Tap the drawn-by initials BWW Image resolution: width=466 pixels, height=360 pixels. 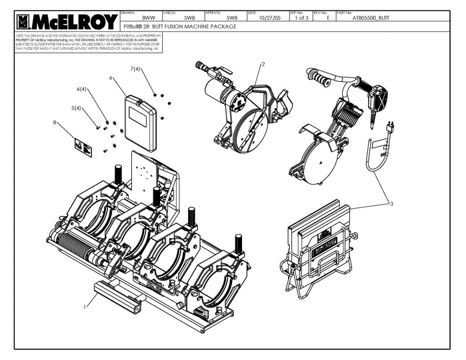(149, 19)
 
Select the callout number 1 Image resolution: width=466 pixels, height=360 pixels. (85, 307)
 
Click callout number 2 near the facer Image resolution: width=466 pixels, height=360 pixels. (263, 64)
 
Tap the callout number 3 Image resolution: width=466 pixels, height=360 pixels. (392, 204)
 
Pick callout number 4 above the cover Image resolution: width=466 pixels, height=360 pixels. (111, 78)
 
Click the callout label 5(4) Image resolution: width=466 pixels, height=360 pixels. (77, 108)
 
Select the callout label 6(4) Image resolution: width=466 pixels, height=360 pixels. (82, 89)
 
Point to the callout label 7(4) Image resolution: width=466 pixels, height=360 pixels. (135, 69)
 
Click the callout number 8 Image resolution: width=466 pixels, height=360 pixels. (55, 122)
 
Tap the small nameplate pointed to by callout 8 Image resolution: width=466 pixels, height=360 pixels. (83, 146)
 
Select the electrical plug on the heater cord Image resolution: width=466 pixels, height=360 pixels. (391, 127)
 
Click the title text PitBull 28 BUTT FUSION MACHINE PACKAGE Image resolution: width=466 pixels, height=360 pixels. (189, 26)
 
